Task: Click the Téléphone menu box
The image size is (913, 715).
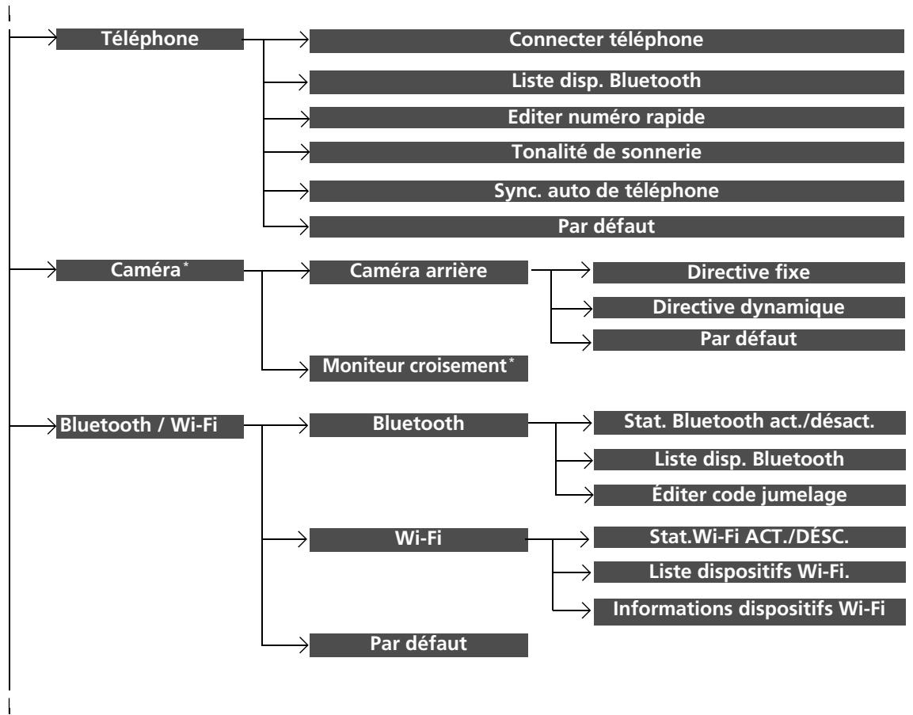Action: click(x=150, y=39)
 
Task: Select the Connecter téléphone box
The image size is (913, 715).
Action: click(x=606, y=40)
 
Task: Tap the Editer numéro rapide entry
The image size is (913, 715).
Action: click(x=606, y=118)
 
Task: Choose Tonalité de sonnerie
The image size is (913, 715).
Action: click(x=606, y=153)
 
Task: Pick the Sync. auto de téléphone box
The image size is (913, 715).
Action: click(x=606, y=191)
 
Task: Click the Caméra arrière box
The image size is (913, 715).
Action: click(x=418, y=272)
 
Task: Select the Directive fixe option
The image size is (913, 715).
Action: click(x=749, y=272)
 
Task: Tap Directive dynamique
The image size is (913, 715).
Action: click(x=749, y=307)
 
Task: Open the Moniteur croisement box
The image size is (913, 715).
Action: click(x=418, y=368)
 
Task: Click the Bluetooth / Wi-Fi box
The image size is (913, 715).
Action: click(x=150, y=426)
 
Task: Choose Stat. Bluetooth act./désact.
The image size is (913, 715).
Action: click(x=749, y=422)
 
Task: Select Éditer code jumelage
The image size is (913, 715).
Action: click(x=749, y=495)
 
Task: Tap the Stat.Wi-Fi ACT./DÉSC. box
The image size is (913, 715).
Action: click(x=749, y=537)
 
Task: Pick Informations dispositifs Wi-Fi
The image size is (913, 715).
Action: click(x=749, y=611)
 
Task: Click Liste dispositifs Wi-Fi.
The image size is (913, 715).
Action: click(x=749, y=572)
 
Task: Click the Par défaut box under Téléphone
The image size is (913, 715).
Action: click(x=606, y=226)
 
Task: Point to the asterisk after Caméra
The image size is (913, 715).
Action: click(x=186, y=265)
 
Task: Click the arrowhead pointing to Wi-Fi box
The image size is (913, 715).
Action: click(x=302, y=539)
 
